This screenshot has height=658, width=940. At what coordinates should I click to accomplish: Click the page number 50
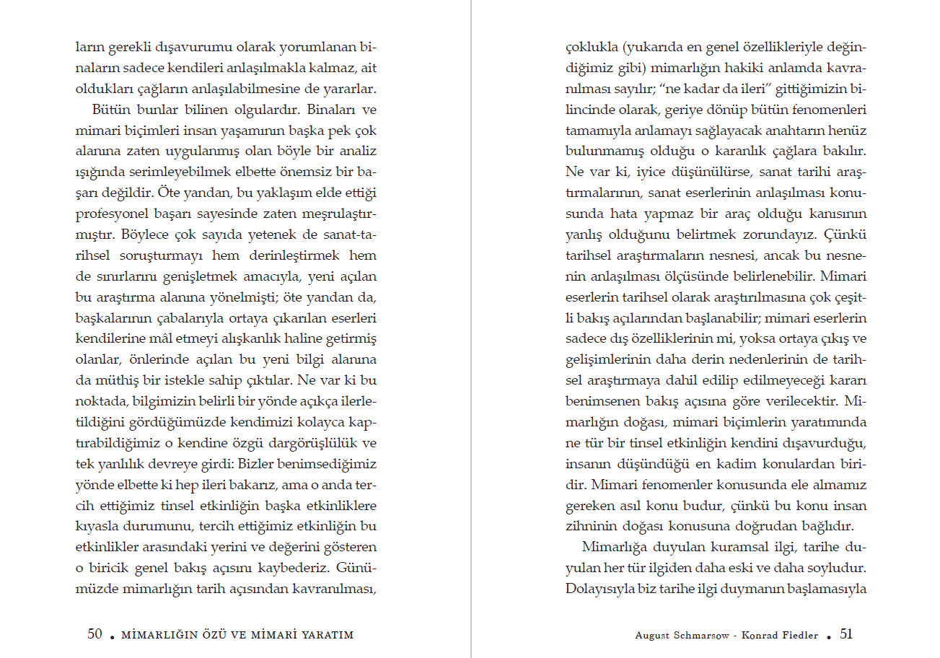tap(95, 634)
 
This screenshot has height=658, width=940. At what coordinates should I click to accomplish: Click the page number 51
tap(846, 634)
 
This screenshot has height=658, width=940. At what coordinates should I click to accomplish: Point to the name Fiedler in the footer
tap(801, 636)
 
